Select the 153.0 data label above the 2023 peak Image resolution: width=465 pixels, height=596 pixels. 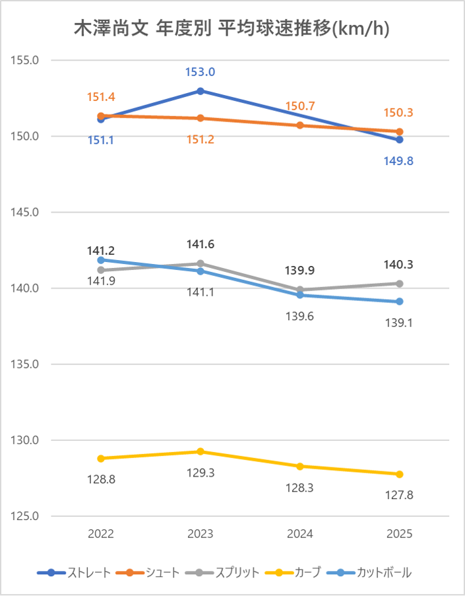pos(200,72)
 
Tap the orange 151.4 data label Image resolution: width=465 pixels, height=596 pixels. pos(101,98)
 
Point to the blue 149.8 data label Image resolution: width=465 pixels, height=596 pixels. pos(400,160)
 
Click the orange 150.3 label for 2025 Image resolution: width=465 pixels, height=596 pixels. pos(400,113)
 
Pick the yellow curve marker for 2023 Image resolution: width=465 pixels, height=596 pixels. pos(200,451)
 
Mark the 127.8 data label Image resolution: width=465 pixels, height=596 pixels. pos(400,495)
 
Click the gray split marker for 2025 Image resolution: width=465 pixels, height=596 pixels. pos(400,283)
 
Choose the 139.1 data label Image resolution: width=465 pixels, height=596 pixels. pos(400,323)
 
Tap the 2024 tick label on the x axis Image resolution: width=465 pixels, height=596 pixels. pos(300,535)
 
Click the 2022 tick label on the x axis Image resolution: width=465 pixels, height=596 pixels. pos(101,535)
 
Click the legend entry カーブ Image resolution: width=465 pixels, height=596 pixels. pos(306,572)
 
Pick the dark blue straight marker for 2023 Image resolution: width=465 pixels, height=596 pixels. pos(200,91)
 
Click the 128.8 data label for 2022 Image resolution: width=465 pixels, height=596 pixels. pos(101,480)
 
